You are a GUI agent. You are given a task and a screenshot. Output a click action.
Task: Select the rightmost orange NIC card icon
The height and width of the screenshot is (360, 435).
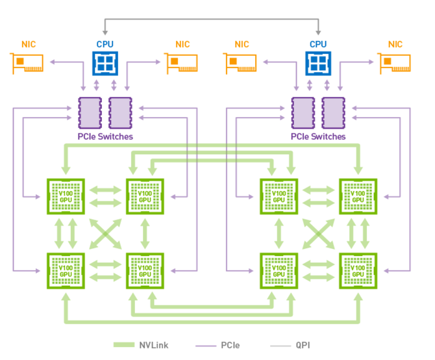pos(395,63)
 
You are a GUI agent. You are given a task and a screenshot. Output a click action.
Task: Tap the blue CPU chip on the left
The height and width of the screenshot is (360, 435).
pos(105,63)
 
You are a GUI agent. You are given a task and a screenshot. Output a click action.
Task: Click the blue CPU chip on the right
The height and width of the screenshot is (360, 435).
pos(317,63)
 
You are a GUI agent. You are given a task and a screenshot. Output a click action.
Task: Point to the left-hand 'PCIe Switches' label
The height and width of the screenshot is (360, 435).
pos(105,136)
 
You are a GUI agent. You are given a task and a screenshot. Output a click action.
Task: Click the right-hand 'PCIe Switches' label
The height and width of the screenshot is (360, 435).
pos(318,136)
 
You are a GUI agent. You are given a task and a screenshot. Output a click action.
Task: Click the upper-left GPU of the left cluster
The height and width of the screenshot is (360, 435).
pos(66,194)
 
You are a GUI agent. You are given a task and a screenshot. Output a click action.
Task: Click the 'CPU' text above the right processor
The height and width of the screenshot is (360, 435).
pos(318,44)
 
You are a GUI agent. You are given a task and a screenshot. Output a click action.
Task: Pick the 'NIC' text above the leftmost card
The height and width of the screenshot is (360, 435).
pos(28,44)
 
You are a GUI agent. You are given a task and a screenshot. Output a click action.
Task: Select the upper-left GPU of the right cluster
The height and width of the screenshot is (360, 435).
pos(279,194)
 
